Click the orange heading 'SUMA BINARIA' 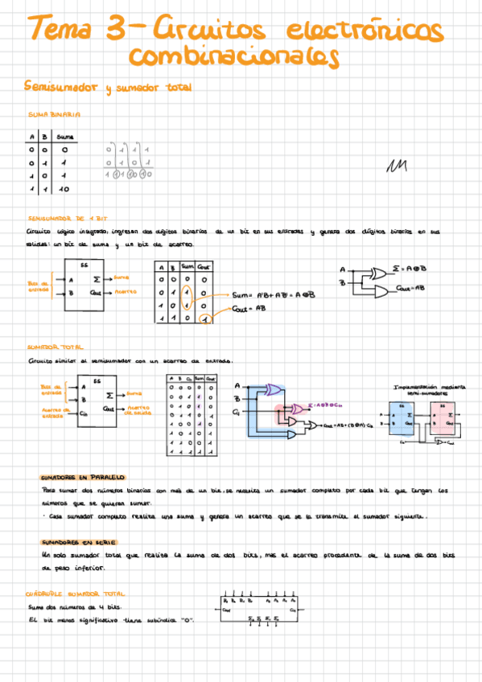[x=55, y=115]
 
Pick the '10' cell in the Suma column [x=64, y=189]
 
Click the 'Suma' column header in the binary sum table [x=65, y=138]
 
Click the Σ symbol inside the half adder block [x=97, y=278]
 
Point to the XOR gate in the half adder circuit [x=376, y=273]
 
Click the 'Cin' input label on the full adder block [x=83, y=414]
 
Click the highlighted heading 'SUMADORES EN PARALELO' [x=84, y=476]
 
